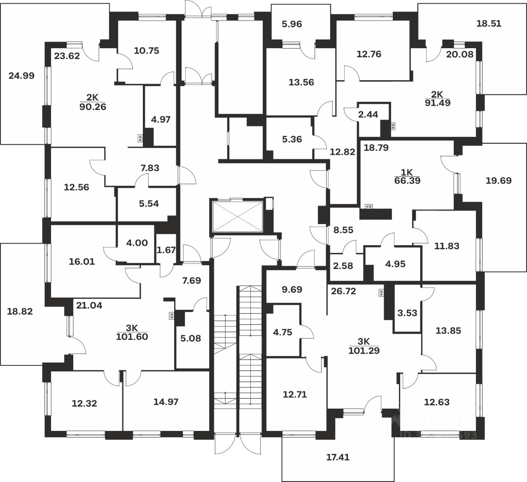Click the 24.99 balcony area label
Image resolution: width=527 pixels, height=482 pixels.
click(21, 75)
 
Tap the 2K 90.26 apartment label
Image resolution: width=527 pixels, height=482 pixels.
click(96, 102)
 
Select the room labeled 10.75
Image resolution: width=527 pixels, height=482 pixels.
click(147, 51)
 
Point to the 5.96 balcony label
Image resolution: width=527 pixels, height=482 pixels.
click(291, 24)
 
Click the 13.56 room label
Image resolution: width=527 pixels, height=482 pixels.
click(301, 82)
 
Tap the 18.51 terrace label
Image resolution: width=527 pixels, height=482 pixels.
click(489, 23)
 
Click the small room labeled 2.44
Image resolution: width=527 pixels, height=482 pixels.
click(368, 115)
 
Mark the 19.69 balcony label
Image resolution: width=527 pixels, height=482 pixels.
click(498, 180)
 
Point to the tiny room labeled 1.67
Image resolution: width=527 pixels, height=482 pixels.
click(166, 250)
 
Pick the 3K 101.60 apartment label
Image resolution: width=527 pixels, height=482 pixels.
click(132, 332)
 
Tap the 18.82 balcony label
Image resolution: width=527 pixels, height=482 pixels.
click(20, 311)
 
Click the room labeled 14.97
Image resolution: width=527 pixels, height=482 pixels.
click(166, 402)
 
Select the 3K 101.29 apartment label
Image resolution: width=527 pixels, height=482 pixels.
click(364, 346)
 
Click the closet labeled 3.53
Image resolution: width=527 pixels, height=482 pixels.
click(407, 313)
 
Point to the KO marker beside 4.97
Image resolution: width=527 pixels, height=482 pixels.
click(140, 139)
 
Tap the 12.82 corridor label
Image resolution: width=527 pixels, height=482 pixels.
click(342, 152)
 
